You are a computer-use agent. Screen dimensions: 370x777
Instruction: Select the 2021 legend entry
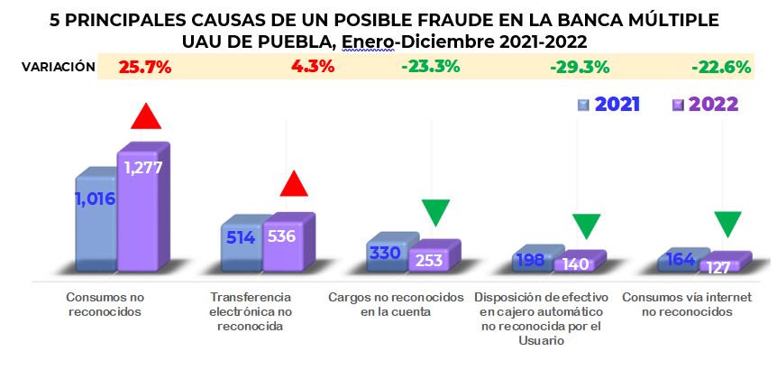608,104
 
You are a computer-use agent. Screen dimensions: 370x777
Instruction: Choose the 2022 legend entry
706,104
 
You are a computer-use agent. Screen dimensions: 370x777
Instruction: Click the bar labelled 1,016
95,217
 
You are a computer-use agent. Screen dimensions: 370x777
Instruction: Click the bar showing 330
387,254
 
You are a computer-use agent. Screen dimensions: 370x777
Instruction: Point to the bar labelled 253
430,259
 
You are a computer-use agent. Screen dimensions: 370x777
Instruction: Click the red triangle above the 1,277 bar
146,116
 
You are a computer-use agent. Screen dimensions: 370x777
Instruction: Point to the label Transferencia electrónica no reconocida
250,311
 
